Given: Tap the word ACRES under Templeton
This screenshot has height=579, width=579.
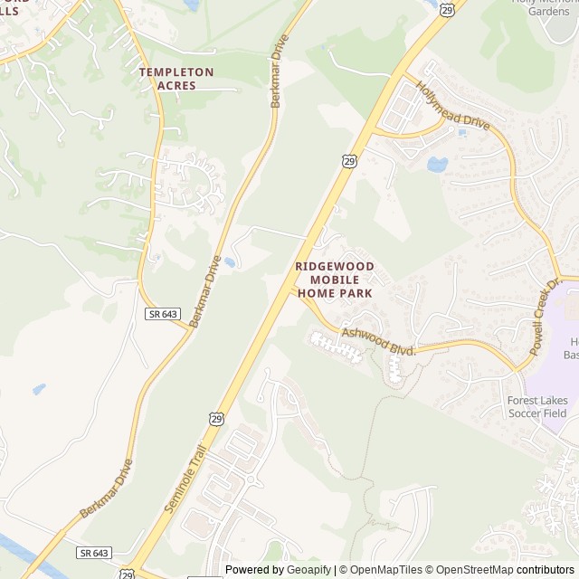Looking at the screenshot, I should pyautogui.click(x=176, y=85).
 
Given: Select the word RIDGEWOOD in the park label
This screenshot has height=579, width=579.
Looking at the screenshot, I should pyautogui.click(x=333, y=267).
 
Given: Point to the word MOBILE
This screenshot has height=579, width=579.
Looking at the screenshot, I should pyautogui.click(x=333, y=280).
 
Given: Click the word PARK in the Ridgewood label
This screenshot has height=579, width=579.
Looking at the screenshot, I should pyautogui.click(x=354, y=293).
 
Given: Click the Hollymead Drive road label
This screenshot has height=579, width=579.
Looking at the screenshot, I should pyautogui.click(x=452, y=106).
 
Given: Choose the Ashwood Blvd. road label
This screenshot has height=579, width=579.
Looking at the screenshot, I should pyautogui.click(x=378, y=340).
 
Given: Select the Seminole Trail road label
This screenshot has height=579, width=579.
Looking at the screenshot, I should pyautogui.click(x=186, y=479).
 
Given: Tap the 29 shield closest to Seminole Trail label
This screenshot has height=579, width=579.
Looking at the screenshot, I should pyautogui.click(x=214, y=418).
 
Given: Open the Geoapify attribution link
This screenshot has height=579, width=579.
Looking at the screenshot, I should pyautogui.click(x=308, y=570).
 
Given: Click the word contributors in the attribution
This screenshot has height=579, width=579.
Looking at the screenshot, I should pyautogui.click(x=546, y=570).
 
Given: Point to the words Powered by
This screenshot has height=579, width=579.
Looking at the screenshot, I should pyautogui.click(x=254, y=570).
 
